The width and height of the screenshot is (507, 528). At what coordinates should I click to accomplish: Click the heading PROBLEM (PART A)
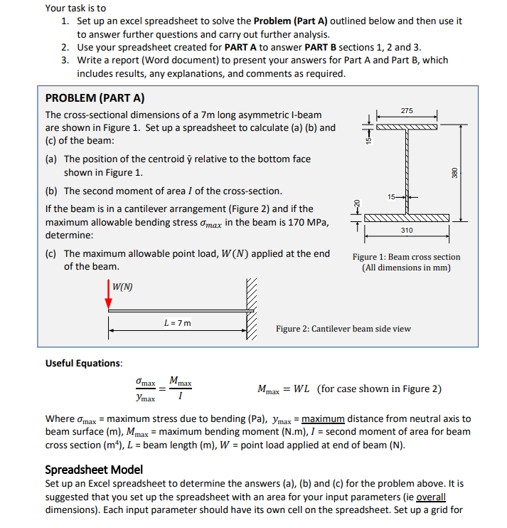[x=95, y=98]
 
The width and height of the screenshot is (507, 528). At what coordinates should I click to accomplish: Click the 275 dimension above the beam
[x=406, y=110]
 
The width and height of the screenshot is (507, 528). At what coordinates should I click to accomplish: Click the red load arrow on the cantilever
[x=109, y=295]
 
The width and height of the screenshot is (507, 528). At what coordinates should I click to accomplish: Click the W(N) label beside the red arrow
[x=123, y=287]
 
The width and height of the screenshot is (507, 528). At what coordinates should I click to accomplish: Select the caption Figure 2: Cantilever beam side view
[x=343, y=329]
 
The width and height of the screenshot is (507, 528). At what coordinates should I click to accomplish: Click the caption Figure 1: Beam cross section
[x=406, y=257]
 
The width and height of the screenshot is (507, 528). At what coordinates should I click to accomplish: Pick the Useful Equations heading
[x=84, y=363]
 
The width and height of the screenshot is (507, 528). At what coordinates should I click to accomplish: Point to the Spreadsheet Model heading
[x=94, y=470]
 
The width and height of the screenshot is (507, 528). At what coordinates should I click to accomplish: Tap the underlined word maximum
[x=324, y=419]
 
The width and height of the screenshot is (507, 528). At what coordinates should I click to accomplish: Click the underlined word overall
[x=432, y=497]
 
